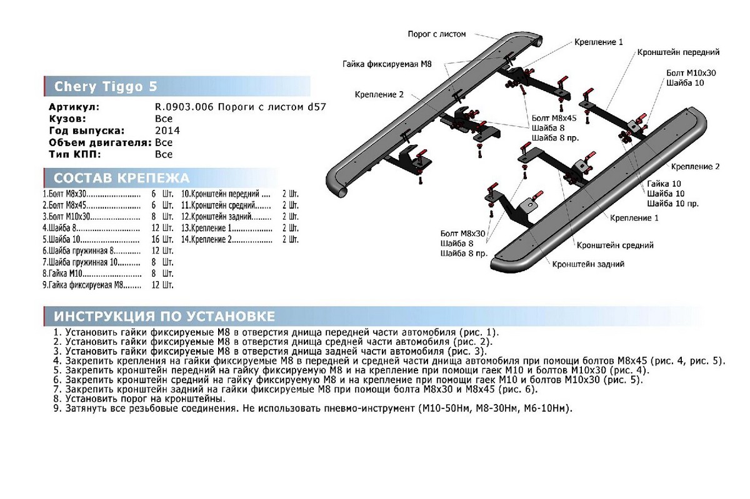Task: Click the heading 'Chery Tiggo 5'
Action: (106, 87)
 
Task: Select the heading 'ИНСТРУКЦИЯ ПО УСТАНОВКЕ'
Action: (164, 315)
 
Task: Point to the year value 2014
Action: (167, 131)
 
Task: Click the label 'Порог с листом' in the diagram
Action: (437, 34)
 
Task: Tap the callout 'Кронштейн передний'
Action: (678, 52)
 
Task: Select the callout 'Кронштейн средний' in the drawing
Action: (615, 245)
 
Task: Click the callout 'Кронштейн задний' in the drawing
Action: (588, 264)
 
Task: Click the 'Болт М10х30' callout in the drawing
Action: (691, 72)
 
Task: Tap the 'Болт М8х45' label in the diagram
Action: (553, 117)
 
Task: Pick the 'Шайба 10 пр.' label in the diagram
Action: (673, 204)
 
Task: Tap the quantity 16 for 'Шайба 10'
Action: (155, 239)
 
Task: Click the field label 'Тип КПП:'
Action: (75, 154)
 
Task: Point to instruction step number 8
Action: (57, 398)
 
